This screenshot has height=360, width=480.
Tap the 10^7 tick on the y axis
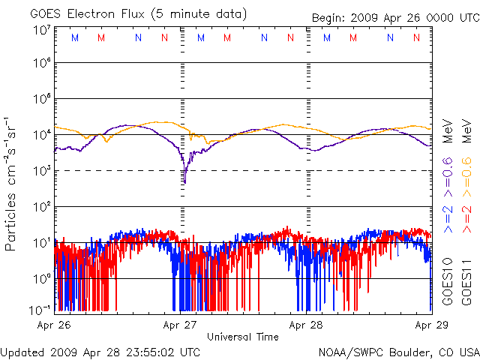point(41,31)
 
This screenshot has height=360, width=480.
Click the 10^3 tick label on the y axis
point(41,171)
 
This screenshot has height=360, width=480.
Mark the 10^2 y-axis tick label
point(41,207)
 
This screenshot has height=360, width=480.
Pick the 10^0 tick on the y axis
point(41,278)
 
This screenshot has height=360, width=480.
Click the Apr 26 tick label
point(54,325)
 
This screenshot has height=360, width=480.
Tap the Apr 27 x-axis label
point(181,325)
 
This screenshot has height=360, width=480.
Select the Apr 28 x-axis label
point(307,325)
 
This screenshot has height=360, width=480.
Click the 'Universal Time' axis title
point(243,337)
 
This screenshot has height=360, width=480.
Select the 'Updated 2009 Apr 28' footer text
point(100,351)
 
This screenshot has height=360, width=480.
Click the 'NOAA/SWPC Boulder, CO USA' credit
point(398,351)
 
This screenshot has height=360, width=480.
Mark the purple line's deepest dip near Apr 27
point(184,182)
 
